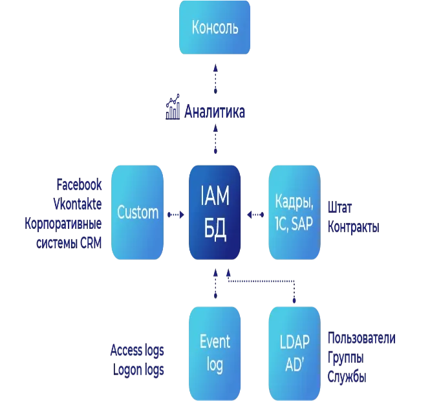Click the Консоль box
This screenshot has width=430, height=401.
215,27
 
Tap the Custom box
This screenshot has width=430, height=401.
138,212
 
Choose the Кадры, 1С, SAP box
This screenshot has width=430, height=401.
294,212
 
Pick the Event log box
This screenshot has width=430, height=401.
215,353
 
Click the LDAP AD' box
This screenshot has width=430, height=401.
294,353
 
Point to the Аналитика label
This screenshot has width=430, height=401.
216,111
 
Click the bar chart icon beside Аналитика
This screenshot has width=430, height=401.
173,110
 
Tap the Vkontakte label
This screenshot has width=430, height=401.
78,202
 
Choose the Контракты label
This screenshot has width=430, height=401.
354,228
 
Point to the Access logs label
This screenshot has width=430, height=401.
137,350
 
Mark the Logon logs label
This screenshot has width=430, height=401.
140,370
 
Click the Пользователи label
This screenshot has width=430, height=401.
362,338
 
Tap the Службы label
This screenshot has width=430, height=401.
347,376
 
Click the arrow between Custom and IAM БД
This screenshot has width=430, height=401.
175,213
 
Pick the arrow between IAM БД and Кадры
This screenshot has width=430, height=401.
255,213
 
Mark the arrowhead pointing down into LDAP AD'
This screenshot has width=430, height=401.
295,301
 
